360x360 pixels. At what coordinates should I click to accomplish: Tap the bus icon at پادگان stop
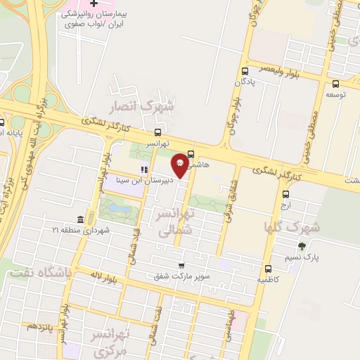pyautogui.click(x=245, y=71)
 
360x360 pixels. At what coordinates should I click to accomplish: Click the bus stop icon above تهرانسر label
pyautogui.click(x=157, y=131)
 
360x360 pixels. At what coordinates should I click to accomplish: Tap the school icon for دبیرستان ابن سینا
pyautogui.click(x=144, y=169)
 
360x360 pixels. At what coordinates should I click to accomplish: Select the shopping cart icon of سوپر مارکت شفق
pyautogui.click(x=181, y=266)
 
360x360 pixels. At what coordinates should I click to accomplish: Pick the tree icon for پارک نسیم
pyautogui.click(x=302, y=246)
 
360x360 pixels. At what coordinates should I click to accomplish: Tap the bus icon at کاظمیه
pyautogui.click(x=268, y=268)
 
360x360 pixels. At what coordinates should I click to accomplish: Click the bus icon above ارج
pyautogui.click(x=285, y=195)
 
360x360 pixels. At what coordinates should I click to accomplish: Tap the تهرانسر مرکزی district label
pyautogui.click(x=112, y=341)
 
